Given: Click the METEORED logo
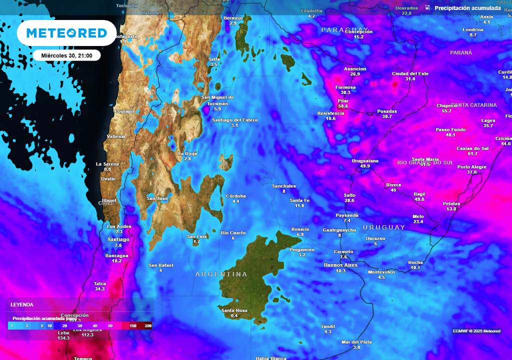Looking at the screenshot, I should (x=66, y=33).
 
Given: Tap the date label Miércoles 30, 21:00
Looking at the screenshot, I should (x=67, y=55).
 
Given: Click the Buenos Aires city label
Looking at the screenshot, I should (x=340, y=265).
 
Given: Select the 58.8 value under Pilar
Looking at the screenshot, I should (x=343, y=106).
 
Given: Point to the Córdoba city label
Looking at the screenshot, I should (x=236, y=195).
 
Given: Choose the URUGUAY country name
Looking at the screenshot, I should (x=384, y=227).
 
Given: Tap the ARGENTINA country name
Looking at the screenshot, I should (x=221, y=274).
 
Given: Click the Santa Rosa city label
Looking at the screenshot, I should (x=234, y=310).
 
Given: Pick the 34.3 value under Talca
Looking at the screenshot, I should (x=100, y=289).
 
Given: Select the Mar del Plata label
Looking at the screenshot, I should (x=356, y=342).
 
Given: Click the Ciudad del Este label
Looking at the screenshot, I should (x=410, y=73).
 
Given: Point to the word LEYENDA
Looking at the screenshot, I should (x=22, y=304).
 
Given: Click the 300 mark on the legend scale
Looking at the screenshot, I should (x=148, y=326).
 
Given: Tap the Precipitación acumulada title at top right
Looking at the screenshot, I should (x=467, y=8).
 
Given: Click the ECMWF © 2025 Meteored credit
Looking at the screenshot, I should (x=476, y=331).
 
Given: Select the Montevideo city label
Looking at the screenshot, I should (x=381, y=272).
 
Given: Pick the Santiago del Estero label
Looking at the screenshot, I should (x=234, y=120).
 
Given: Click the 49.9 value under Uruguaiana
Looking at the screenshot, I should (x=365, y=166).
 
